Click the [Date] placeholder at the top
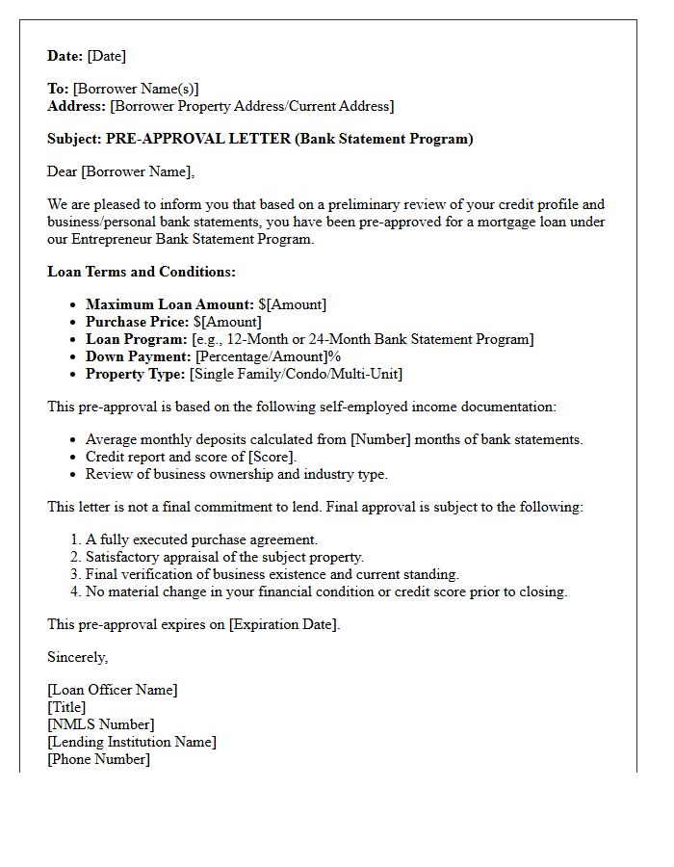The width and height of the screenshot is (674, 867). pyautogui.click(x=106, y=56)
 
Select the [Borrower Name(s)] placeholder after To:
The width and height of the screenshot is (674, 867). pyautogui.click(x=136, y=89)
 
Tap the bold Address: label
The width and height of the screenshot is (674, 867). pyautogui.click(x=77, y=106)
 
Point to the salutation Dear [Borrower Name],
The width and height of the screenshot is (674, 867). pyautogui.click(x=121, y=171)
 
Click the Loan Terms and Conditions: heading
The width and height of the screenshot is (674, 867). pyautogui.click(x=142, y=272)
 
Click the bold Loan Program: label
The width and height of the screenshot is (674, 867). pyautogui.click(x=136, y=339)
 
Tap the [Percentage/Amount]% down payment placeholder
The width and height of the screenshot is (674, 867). pyautogui.click(x=268, y=356)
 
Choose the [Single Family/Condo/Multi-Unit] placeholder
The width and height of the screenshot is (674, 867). pyautogui.click(x=296, y=374)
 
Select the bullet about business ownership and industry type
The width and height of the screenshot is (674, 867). pyautogui.click(x=236, y=474)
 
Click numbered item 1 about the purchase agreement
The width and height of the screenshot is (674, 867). pyautogui.click(x=201, y=539)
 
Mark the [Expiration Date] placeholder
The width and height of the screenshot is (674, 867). pyautogui.click(x=283, y=624)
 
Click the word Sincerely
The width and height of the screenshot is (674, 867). pyautogui.click(x=78, y=657)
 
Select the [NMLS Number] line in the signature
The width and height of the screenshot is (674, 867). pyautogui.click(x=100, y=724)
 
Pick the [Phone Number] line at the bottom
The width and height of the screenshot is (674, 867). pyautogui.click(x=98, y=759)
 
